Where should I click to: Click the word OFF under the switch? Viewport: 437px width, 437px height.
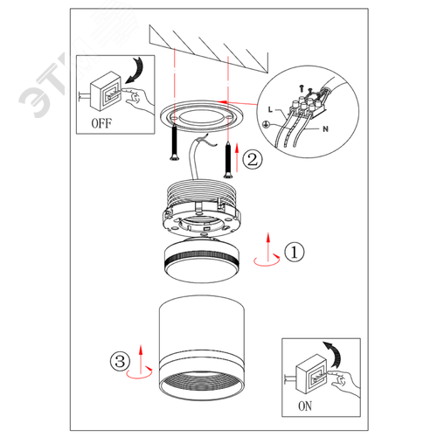[101, 123]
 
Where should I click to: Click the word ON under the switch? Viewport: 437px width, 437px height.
[305, 406]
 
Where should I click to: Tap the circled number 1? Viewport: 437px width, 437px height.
[295, 252]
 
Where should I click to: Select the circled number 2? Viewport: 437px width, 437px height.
[253, 159]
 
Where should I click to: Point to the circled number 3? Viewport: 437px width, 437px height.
[120, 361]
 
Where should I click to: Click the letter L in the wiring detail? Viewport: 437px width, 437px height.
[270, 109]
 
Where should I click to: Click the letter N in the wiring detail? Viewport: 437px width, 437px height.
[325, 128]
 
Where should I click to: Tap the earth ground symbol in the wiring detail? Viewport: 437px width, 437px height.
[266, 124]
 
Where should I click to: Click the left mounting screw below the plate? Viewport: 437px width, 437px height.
[174, 142]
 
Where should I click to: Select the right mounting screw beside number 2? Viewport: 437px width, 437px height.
[228, 160]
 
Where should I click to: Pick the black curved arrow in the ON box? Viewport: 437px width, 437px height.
[333, 354]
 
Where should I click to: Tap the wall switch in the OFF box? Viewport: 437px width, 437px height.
[105, 91]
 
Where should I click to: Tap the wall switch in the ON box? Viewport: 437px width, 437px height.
[311, 374]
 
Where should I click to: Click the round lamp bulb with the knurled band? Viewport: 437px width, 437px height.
[202, 260]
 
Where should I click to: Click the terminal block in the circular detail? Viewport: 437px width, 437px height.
[309, 104]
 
